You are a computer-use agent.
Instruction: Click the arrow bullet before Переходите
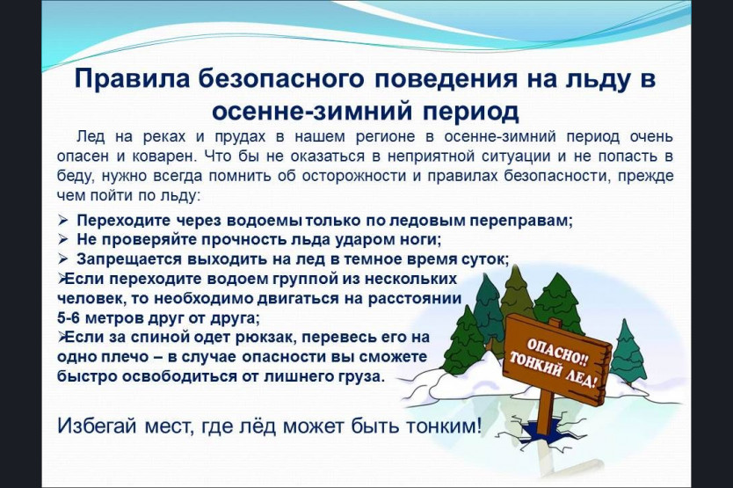click(x=63, y=220)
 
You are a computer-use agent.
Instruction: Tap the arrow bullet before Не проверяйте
click(x=63, y=239)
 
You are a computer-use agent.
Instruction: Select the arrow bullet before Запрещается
click(x=63, y=259)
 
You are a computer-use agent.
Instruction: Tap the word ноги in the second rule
click(x=422, y=239)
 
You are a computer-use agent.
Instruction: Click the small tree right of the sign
click(x=627, y=354)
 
